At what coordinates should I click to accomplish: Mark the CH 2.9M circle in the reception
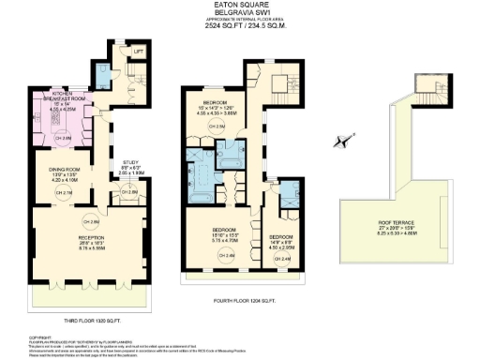click(x=91, y=221)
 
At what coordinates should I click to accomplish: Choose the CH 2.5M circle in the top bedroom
click(x=215, y=125)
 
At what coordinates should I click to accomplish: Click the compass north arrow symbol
click(x=338, y=142)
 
